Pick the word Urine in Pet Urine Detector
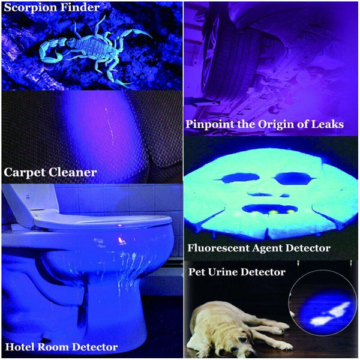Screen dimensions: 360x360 coord(234,272)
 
